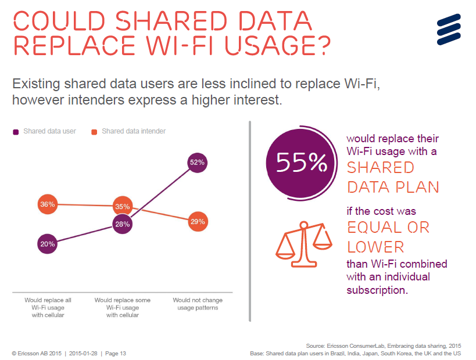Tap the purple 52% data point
(198, 163)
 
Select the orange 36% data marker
(48, 204)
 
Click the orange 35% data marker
(123, 206)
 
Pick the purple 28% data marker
(122, 224)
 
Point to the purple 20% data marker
(48, 244)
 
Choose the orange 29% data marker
(198, 222)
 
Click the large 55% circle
(301, 163)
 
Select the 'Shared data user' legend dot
(16, 132)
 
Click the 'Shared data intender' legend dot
(94, 132)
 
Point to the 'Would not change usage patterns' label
(198, 304)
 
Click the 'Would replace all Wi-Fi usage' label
(48, 308)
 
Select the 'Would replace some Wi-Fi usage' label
(123, 308)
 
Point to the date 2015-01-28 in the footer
(84, 353)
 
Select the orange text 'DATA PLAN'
(393, 187)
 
